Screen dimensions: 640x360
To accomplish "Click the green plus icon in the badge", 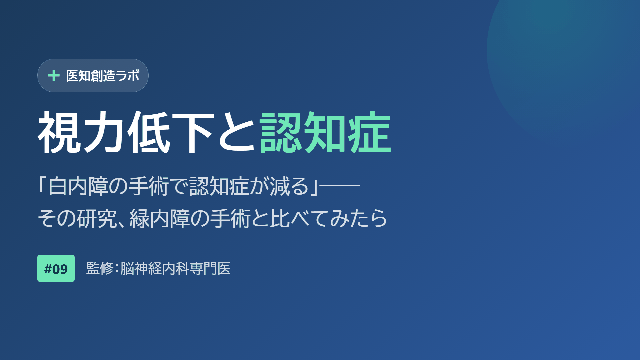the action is tap(54, 76).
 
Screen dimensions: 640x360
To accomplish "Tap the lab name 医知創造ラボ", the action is tap(103, 76).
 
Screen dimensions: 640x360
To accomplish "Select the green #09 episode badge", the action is tap(56, 268).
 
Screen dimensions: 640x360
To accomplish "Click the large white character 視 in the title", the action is tap(60, 132).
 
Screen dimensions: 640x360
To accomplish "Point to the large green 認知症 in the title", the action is tap(325, 132).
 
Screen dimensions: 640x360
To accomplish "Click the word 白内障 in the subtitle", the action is tap(78, 186).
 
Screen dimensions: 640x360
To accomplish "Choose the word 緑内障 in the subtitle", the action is tap(159, 218).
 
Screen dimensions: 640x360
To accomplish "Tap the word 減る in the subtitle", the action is tap(289, 186).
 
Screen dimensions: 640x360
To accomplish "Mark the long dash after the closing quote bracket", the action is tap(340, 185).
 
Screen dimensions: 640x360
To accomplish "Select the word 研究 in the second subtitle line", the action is tap(97, 218).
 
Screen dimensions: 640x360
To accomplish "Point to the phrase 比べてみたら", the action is tap(329, 218).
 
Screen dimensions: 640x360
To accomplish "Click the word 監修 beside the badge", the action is tap(100, 268).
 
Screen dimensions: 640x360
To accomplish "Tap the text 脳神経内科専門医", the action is tap(175, 268).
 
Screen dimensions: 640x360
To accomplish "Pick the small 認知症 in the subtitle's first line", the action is tap(219, 186).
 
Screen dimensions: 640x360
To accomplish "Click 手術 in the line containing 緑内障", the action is tap(230, 218).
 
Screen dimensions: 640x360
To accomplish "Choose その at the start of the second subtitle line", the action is tap(57, 218).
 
